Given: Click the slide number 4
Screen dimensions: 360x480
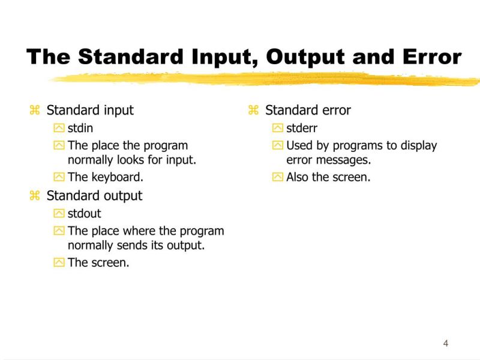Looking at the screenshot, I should pyautogui.click(x=445, y=343).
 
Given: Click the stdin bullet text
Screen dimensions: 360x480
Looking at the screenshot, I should pyautogui.click(x=80, y=128).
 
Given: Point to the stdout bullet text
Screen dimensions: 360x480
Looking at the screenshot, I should pyautogui.click(x=85, y=213).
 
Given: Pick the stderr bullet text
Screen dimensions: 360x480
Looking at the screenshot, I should pyautogui.click(x=302, y=128).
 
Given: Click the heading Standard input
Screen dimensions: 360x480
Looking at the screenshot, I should pyautogui.click(x=90, y=110).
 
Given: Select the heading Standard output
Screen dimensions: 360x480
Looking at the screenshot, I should pyautogui.click(x=94, y=196).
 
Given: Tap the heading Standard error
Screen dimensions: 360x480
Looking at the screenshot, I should pyautogui.click(x=308, y=110).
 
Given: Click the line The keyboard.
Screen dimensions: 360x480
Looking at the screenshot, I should pyautogui.click(x=106, y=177).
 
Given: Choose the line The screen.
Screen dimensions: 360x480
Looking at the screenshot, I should pyautogui.click(x=98, y=262).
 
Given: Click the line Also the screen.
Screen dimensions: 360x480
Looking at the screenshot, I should pyautogui.click(x=328, y=177).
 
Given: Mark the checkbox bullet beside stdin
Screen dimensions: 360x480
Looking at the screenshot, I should pyautogui.click(x=59, y=128).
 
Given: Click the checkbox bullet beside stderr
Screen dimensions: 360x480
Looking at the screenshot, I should pyautogui.click(x=277, y=128).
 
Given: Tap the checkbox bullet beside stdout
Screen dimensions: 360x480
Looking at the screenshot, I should pyautogui.click(x=59, y=213).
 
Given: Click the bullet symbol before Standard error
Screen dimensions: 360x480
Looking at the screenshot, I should pyautogui.click(x=253, y=110).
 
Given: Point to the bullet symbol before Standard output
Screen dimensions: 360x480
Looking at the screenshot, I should pyautogui.click(x=35, y=196).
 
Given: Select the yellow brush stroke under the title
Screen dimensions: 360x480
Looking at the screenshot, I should pyautogui.click(x=264, y=79).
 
